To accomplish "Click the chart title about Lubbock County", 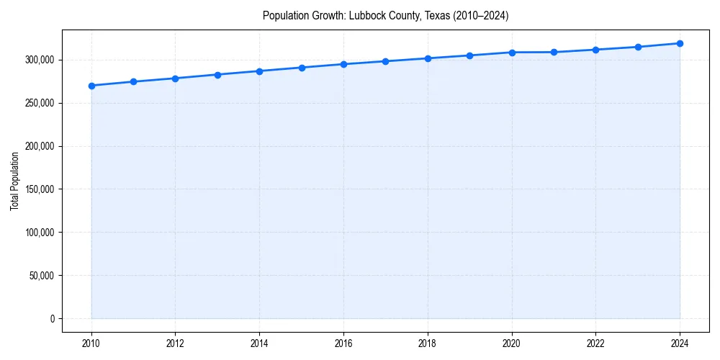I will [385, 16].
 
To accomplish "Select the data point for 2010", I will [91, 86].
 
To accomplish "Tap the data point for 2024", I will [680, 43].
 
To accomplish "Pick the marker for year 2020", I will [512, 53].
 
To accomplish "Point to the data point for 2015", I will [302, 68].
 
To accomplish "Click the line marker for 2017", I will [386, 61].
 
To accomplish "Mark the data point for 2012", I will [176, 78].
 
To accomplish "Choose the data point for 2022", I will [595, 50].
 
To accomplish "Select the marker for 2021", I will [554, 52].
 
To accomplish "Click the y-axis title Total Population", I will [14, 181].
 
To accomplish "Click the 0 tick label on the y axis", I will [52, 319].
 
